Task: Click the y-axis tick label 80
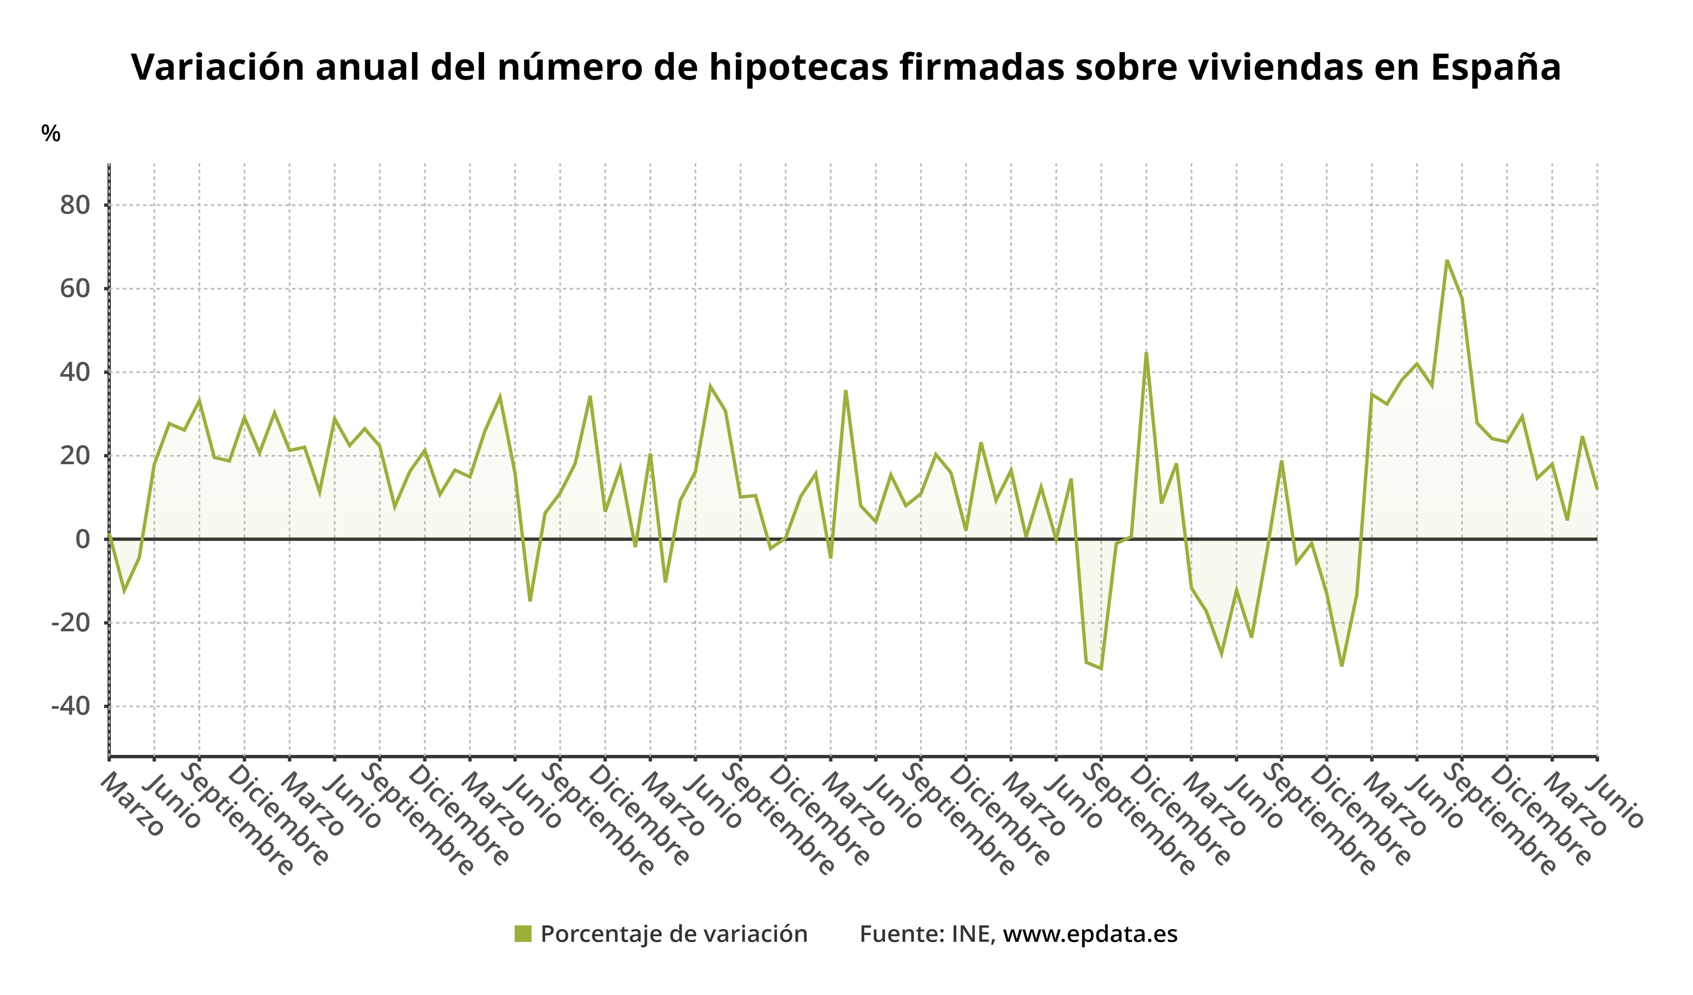click(x=75, y=205)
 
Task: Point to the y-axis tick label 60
click(x=75, y=289)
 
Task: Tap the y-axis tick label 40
click(x=75, y=373)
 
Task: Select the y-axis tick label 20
click(x=75, y=456)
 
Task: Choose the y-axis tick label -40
click(x=71, y=707)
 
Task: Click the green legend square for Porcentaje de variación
click(x=523, y=934)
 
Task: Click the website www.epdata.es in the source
click(x=1090, y=934)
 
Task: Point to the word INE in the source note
click(x=973, y=934)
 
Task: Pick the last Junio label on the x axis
click(x=1619, y=800)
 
